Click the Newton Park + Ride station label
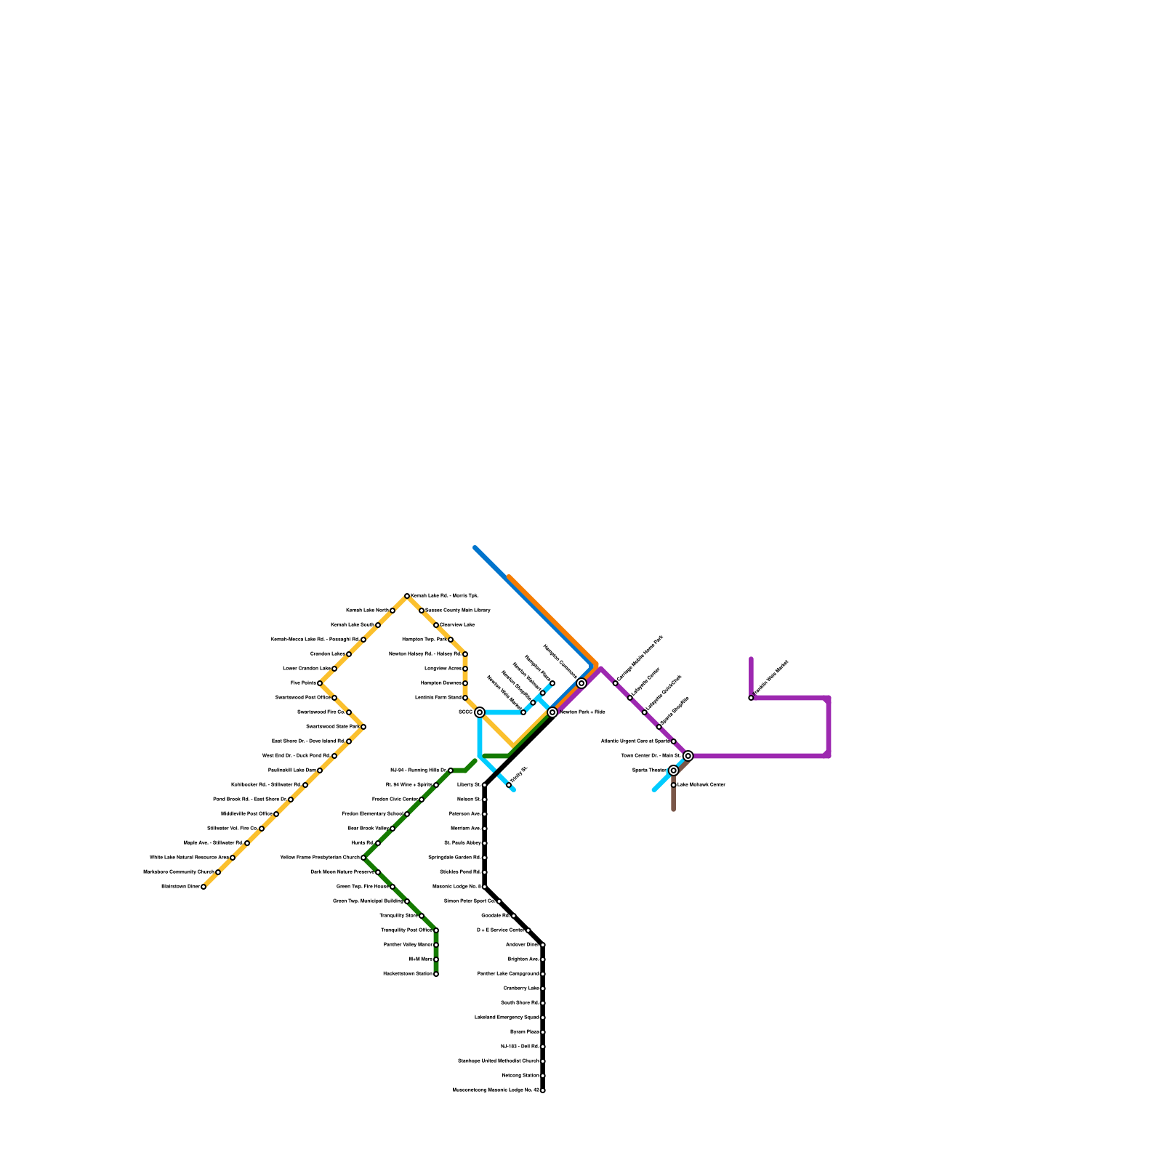(582, 712)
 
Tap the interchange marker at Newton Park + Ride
(552, 712)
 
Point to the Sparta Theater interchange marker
(674, 770)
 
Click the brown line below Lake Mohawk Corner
(674, 800)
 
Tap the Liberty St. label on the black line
(469, 785)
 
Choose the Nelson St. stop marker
(485, 800)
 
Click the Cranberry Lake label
(521, 989)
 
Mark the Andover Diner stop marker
(543, 945)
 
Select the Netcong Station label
(520, 1076)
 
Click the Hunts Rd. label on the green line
(362, 843)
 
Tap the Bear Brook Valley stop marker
(393, 829)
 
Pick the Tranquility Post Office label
(406, 930)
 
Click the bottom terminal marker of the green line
(436, 974)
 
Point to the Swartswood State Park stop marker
(363, 727)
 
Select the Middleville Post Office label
(246, 814)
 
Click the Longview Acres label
(443, 669)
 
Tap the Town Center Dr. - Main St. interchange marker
(688, 756)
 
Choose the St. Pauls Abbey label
(462, 843)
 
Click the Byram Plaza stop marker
(543, 1032)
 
